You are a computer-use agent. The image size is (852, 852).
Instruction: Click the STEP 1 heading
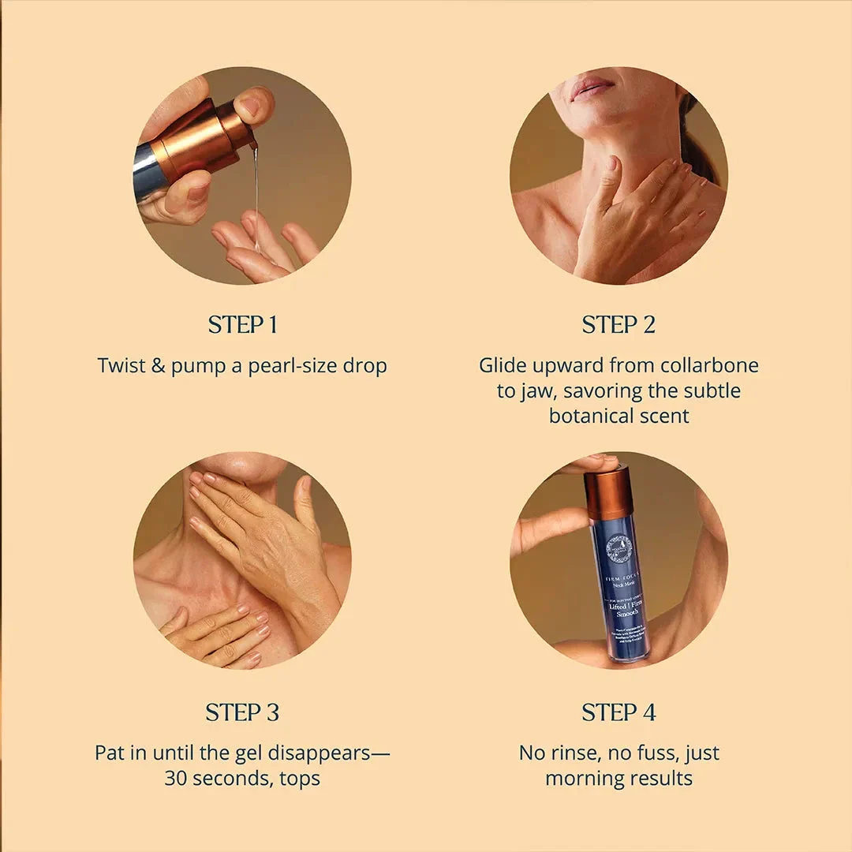point(242,325)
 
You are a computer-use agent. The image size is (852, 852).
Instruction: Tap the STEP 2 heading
point(618,325)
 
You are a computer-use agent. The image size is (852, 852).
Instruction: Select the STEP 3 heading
point(242,712)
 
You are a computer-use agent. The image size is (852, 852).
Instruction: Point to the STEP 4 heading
point(618,712)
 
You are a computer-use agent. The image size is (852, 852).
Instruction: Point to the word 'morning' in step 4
point(584,779)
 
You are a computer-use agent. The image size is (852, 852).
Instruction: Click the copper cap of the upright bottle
point(608,494)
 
